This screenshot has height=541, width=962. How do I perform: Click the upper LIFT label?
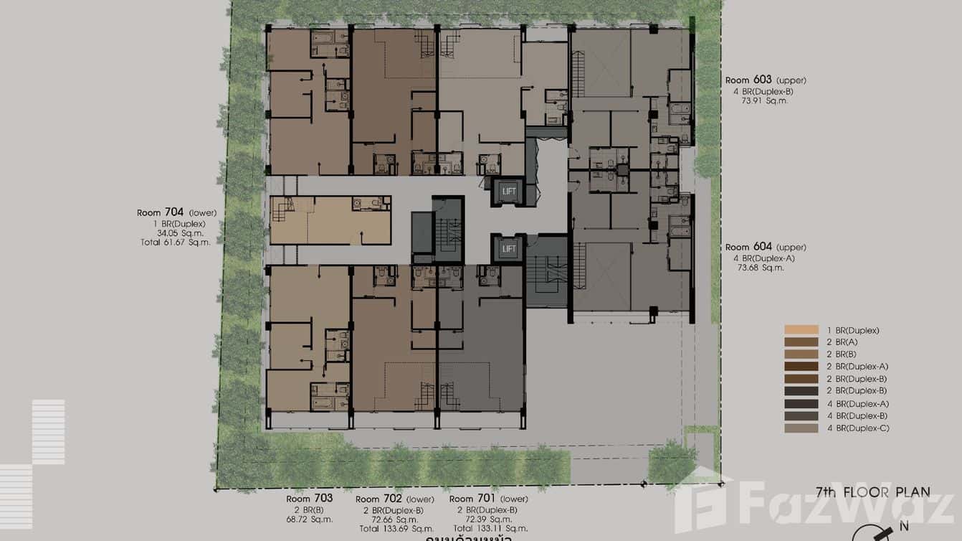[x=509, y=191]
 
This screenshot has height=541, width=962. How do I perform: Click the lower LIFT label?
[x=509, y=249]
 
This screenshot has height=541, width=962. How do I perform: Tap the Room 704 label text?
[x=161, y=212]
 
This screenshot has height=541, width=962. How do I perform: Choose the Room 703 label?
[x=309, y=499]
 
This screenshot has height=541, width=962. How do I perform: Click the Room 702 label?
[x=379, y=499]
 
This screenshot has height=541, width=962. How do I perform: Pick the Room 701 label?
[x=472, y=499]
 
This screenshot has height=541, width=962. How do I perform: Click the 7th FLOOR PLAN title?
[x=872, y=492]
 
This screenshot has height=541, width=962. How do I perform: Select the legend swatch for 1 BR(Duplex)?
[x=801, y=330]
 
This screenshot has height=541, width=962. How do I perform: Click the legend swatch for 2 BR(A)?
[x=801, y=342]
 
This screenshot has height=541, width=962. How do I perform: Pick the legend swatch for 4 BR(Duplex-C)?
[x=801, y=428]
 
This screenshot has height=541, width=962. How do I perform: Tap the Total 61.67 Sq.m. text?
[x=175, y=243]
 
